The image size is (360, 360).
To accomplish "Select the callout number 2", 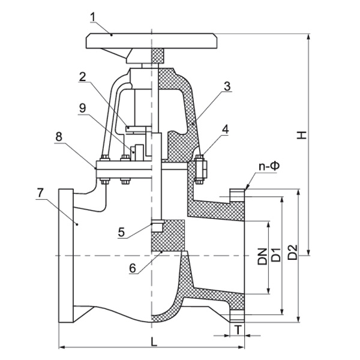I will [82, 76].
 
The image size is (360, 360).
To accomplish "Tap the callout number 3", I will [226, 86].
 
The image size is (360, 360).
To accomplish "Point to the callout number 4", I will [224, 129].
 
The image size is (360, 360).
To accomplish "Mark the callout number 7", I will [40, 193].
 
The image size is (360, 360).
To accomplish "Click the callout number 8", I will [59, 136].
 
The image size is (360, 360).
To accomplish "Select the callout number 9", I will [82, 108].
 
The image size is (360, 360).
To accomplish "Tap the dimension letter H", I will [304, 136].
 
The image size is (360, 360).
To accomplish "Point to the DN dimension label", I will [262, 257].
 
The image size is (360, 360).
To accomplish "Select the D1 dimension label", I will [277, 254].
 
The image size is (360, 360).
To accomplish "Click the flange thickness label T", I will [238, 330].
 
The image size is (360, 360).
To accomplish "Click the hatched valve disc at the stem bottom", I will [168, 235].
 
